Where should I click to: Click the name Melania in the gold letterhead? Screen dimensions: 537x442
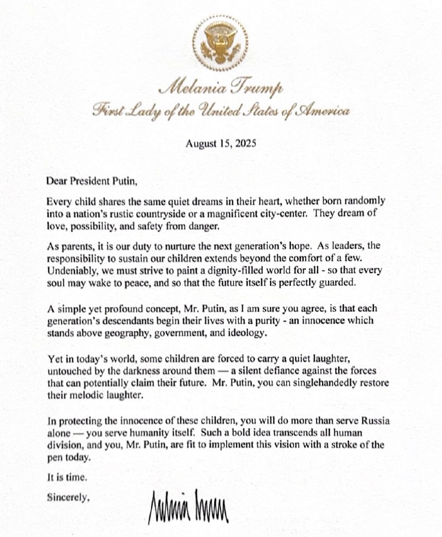point(188,88)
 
